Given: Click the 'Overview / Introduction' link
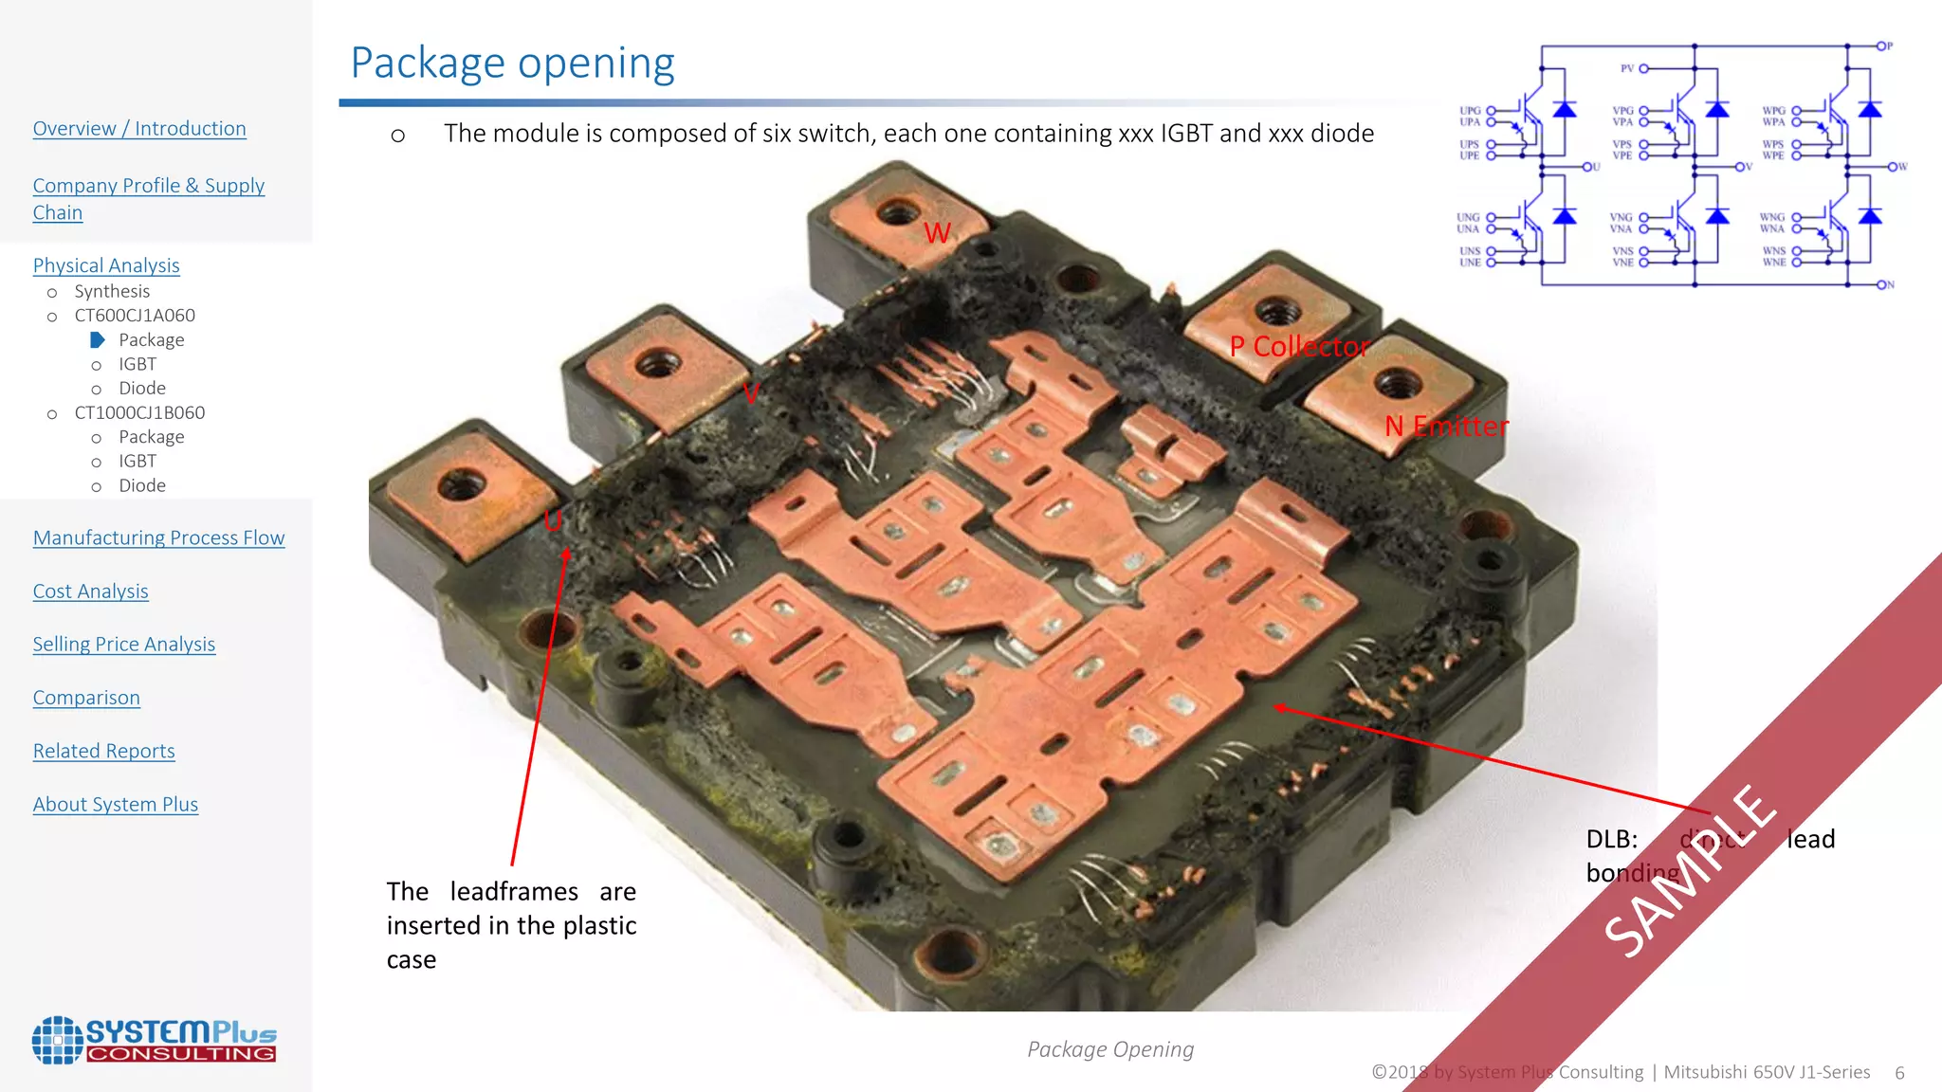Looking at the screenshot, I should click(139, 129).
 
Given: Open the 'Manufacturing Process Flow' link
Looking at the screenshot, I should click(158, 538).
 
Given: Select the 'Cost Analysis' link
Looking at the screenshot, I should click(91, 591).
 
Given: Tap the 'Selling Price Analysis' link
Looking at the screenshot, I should click(124, 645).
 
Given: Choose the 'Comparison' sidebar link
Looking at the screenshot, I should click(86, 698).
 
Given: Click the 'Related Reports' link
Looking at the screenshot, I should click(104, 751).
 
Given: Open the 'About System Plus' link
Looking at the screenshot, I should click(116, 805).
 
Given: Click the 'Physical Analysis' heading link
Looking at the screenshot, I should click(106, 265).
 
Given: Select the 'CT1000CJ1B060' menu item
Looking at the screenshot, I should click(139, 413).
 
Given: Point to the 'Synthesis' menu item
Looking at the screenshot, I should click(112, 291).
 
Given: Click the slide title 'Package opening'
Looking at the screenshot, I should click(512, 64).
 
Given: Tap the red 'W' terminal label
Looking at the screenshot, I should click(937, 233).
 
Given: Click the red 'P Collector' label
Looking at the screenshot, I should click(1299, 347).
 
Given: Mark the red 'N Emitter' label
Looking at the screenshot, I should click(1446, 427).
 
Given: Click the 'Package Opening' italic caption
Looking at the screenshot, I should click(1110, 1049).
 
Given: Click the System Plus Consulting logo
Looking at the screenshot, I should click(154, 1040).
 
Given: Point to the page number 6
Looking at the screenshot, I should click(1899, 1073).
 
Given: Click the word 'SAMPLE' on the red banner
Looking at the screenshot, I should click(1690, 870).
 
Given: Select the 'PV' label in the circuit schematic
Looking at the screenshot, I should click(1627, 68).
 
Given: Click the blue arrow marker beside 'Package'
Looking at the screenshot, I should click(97, 339).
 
